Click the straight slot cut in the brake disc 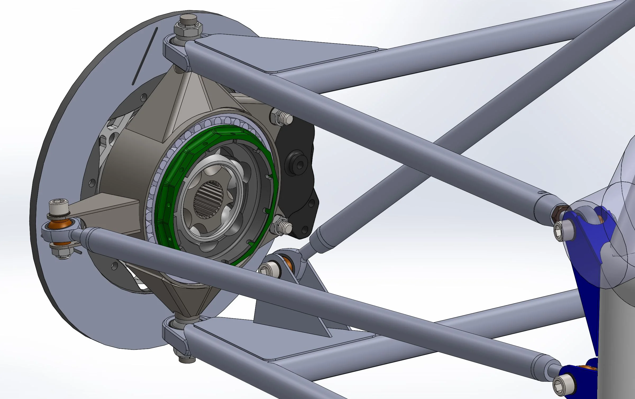tap(145, 56)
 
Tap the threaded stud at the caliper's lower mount tap(284, 227)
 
